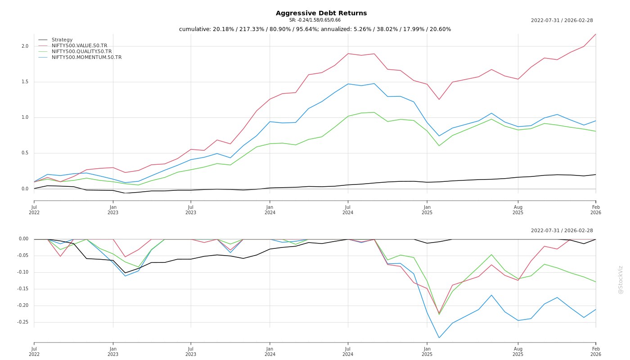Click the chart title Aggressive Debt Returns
point(321,13)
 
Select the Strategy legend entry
point(62,40)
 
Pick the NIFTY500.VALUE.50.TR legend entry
point(79,46)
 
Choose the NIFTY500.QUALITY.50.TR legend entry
point(81,52)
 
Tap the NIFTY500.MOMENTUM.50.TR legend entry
point(86,58)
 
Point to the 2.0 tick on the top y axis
point(25,46)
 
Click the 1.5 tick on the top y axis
point(25,82)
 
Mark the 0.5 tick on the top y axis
point(25,153)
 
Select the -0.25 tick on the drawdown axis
point(22,322)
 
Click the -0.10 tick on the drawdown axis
point(22,272)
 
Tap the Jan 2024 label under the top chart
point(270,210)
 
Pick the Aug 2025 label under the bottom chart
point(518,351)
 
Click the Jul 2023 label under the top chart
point(191,210)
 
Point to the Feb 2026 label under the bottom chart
point(596,351)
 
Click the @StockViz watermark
point(621,279)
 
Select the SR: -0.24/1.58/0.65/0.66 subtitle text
point(315,20)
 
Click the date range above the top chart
point(562,21)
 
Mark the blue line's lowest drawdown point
point(439,338)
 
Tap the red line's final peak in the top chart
point(595,34)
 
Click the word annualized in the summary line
point(335,29)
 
